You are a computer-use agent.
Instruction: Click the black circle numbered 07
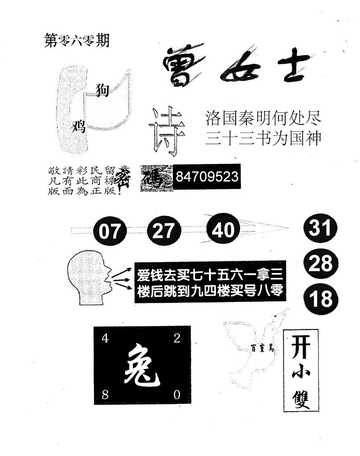(x=110, y=232)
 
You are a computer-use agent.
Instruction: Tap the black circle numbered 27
(x=164, y=231)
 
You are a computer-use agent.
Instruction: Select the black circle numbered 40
(x=223, y=230)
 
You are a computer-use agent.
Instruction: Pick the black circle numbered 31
(x=321, y=229)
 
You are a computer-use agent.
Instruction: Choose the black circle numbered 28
(x=321, y=264)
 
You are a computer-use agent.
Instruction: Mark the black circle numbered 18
(x=321, y=299)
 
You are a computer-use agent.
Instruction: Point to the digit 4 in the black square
(x=105, y=338)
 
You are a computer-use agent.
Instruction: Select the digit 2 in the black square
(x=177, y=338)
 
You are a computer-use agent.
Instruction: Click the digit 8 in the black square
(x=105, y=394)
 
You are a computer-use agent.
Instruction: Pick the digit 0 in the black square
(x=177, y=394)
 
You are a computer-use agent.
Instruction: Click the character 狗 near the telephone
(x=102, y=90)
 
